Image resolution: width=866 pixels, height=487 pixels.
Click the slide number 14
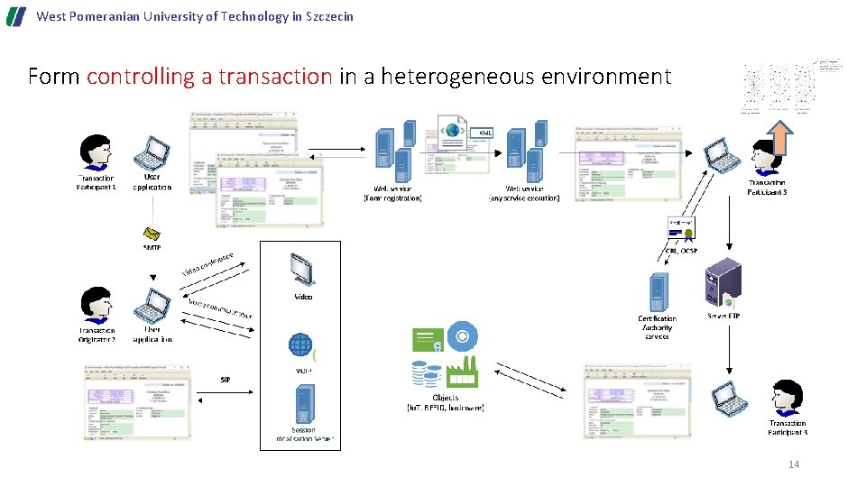[x=794, y=464]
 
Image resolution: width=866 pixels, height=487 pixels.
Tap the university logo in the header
[x=16, y=16]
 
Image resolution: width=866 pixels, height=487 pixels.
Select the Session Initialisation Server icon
[x=304, y=403]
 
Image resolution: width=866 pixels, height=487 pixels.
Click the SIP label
[x=226, y=380]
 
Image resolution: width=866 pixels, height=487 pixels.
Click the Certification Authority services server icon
[x=656, y=293]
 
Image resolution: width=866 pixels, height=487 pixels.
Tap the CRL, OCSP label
[x=681, y=251]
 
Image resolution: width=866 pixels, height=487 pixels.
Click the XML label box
[x=485, y=133]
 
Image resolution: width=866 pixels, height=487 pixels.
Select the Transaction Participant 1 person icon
[x=95, y=152]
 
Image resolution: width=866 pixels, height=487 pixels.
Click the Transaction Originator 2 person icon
[x=95, y=305]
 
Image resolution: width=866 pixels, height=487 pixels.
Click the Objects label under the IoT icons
[x=445, y=398]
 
